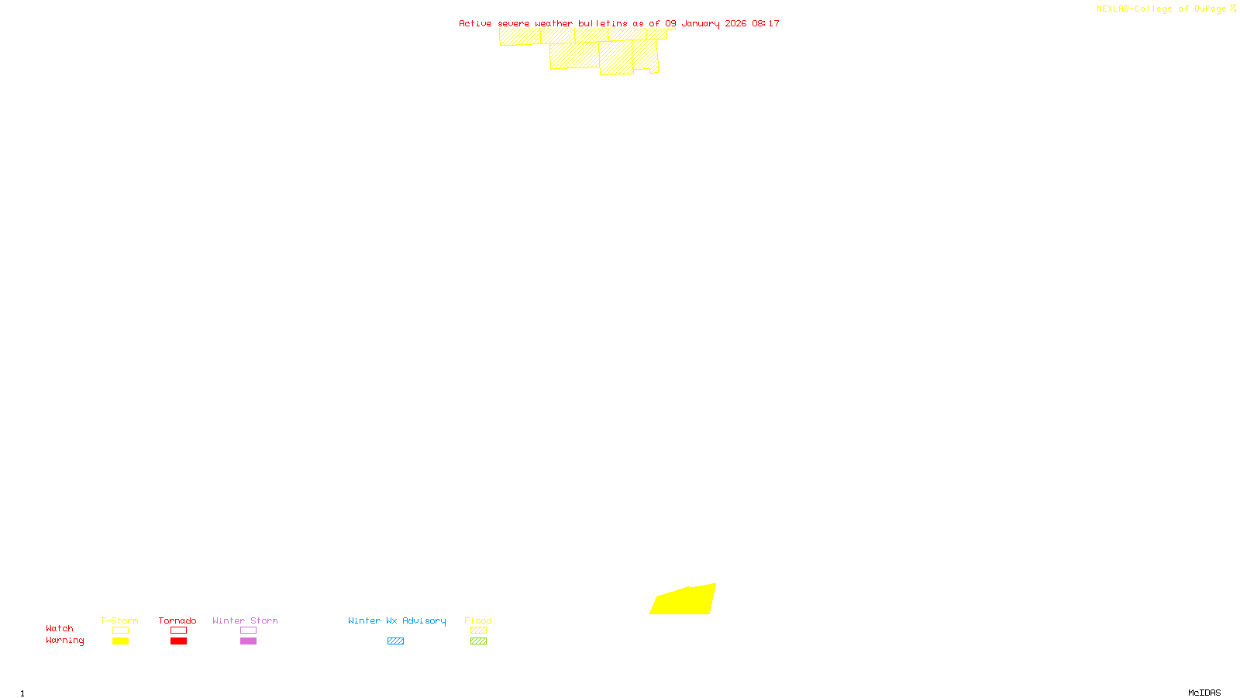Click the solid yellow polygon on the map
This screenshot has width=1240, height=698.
(x=684, y=601)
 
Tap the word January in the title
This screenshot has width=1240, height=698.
(x=701, y=23)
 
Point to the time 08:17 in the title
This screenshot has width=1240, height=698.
(x=766, y=23)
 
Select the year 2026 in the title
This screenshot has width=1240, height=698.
(x=735, y=23)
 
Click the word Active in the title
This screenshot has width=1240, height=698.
(x=475, y=23)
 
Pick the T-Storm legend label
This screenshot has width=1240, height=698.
(x=119, y=620)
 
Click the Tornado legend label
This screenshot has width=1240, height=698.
(x=177, y=620)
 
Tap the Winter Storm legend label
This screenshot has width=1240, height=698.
(x=245, y=620)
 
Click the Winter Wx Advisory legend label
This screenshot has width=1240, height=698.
(x=397, y=620)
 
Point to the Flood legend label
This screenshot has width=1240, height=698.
(x=478, y=620)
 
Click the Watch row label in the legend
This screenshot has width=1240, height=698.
(x=60, y=628)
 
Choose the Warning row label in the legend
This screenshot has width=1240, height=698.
(x=65, y=641)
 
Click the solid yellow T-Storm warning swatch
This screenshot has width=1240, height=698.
(x=120, y=641)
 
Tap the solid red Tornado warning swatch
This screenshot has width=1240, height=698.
(x=178, y=641)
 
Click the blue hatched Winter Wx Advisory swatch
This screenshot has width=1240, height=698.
(x=395, y=641)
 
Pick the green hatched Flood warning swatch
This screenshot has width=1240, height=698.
(x=478, y=641)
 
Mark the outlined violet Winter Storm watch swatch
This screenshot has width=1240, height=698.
(x=248, y=631)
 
